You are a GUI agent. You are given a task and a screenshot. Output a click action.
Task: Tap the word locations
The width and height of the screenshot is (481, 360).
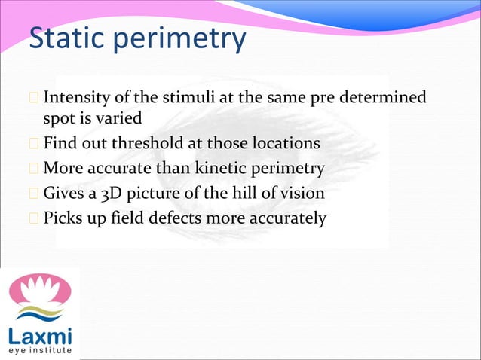click(285, 143)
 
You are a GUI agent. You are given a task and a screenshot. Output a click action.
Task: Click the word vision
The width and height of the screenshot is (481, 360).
click(302, 193)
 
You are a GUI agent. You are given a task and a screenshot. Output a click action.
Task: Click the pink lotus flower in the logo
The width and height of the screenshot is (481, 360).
click(39, 290)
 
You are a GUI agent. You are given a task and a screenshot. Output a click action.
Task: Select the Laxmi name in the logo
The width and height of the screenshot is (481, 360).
click(39, 334)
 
